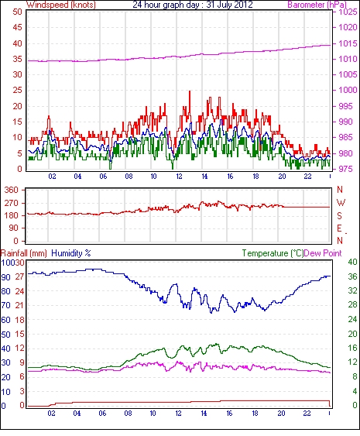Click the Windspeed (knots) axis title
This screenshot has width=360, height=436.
(x=61, y=5)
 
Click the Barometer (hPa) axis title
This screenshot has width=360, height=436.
(x=317, y=5)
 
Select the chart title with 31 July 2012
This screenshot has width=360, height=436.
(x=192, y=5)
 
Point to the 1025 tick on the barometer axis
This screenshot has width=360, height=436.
(x=348, y=12)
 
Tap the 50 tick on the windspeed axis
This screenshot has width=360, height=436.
(x=17, y=12)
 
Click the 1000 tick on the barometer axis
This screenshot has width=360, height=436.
(x=348, y=90)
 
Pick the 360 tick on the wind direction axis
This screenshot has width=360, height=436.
(x=11, y=191)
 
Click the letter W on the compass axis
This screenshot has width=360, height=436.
(x=341, y=203)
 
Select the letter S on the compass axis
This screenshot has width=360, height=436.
(x=339, y=215)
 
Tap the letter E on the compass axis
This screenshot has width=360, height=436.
(x=339, y=228)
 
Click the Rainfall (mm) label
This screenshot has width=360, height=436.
(x=24, y=253)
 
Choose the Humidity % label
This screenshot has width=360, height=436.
(x=71, y=253)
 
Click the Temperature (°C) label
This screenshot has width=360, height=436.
(x=273, y=253)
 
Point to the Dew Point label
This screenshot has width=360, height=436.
(x=323, y=253)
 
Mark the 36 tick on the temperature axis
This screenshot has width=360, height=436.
(x=352, y=276)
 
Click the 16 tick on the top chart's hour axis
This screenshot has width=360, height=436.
(x=230, y=177)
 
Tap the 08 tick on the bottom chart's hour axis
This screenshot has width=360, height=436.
(x=128, y=413)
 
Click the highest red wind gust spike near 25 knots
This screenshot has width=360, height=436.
(x=190, y=91)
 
